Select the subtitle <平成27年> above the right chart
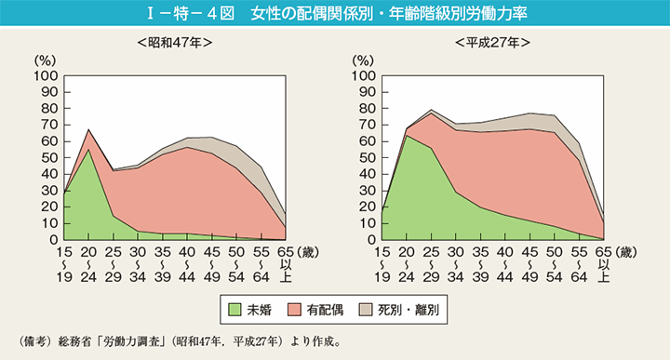[x=493, y=43]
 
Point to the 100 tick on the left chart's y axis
[x=46, y=75]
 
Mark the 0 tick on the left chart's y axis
[x=53, y=240]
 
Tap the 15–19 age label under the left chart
[x=63, y=263]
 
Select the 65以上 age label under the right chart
[x=603, y=263]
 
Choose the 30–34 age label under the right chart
[x=454, y=263]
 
